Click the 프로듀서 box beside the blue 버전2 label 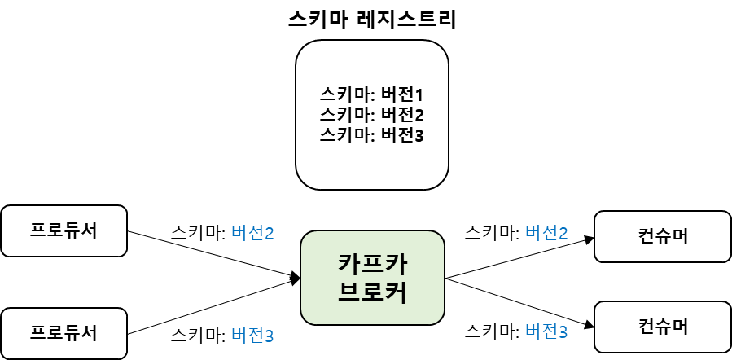tap(64, 230)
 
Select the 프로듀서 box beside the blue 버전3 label tap(64, 333)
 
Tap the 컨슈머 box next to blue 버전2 tap(662, 237)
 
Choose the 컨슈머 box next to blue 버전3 tap(662, 327)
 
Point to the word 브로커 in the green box tap(372, 292)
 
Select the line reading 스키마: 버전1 tap(372, 94)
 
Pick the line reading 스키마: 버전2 tap(372, 114)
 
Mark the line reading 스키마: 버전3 tap(372, 134)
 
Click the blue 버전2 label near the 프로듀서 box tap(252, 234)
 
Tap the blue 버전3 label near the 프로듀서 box tap(252, 335)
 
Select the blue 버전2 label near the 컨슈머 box tap(546, 233)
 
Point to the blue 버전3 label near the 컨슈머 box tap(546, 331)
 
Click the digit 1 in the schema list tap(420, 94)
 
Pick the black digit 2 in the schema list tap(419, 114)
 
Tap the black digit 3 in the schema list tap(419, 134)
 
